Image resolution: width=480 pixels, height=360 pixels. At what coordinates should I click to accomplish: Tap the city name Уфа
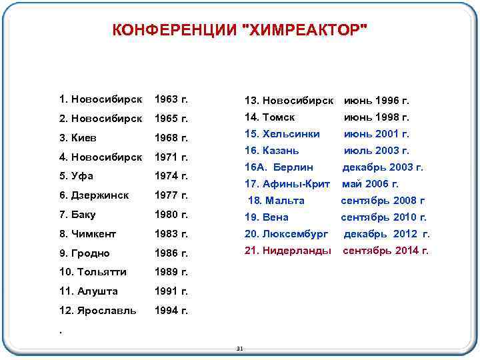(84, 177)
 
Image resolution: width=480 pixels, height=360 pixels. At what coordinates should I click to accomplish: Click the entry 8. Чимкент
(87, 234)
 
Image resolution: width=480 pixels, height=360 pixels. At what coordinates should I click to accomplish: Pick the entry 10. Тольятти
(93, 272)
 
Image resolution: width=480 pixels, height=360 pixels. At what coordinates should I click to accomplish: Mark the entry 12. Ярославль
(97, 311)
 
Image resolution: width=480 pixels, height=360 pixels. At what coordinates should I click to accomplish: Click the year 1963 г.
(171, 100)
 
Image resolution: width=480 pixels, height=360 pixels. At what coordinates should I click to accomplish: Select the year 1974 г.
(171, 177)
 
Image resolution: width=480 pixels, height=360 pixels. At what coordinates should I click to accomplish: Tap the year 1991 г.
(171, 291)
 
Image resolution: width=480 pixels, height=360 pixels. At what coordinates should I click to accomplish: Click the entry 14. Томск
(269, 117)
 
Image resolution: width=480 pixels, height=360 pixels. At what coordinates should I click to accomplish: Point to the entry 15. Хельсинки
(282, 134)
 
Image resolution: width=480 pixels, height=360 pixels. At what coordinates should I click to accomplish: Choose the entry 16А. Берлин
(279, 167)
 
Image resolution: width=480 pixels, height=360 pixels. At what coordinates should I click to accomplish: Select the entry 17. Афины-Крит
(287, 184)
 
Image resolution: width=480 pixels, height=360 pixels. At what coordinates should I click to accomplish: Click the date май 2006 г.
(370, 184)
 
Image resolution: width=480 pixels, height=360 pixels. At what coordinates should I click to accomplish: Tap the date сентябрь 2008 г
(383, 201)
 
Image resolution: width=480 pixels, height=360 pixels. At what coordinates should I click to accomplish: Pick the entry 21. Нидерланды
(287, 251)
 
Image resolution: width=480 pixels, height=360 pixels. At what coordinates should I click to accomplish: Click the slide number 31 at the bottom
(240, 349)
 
